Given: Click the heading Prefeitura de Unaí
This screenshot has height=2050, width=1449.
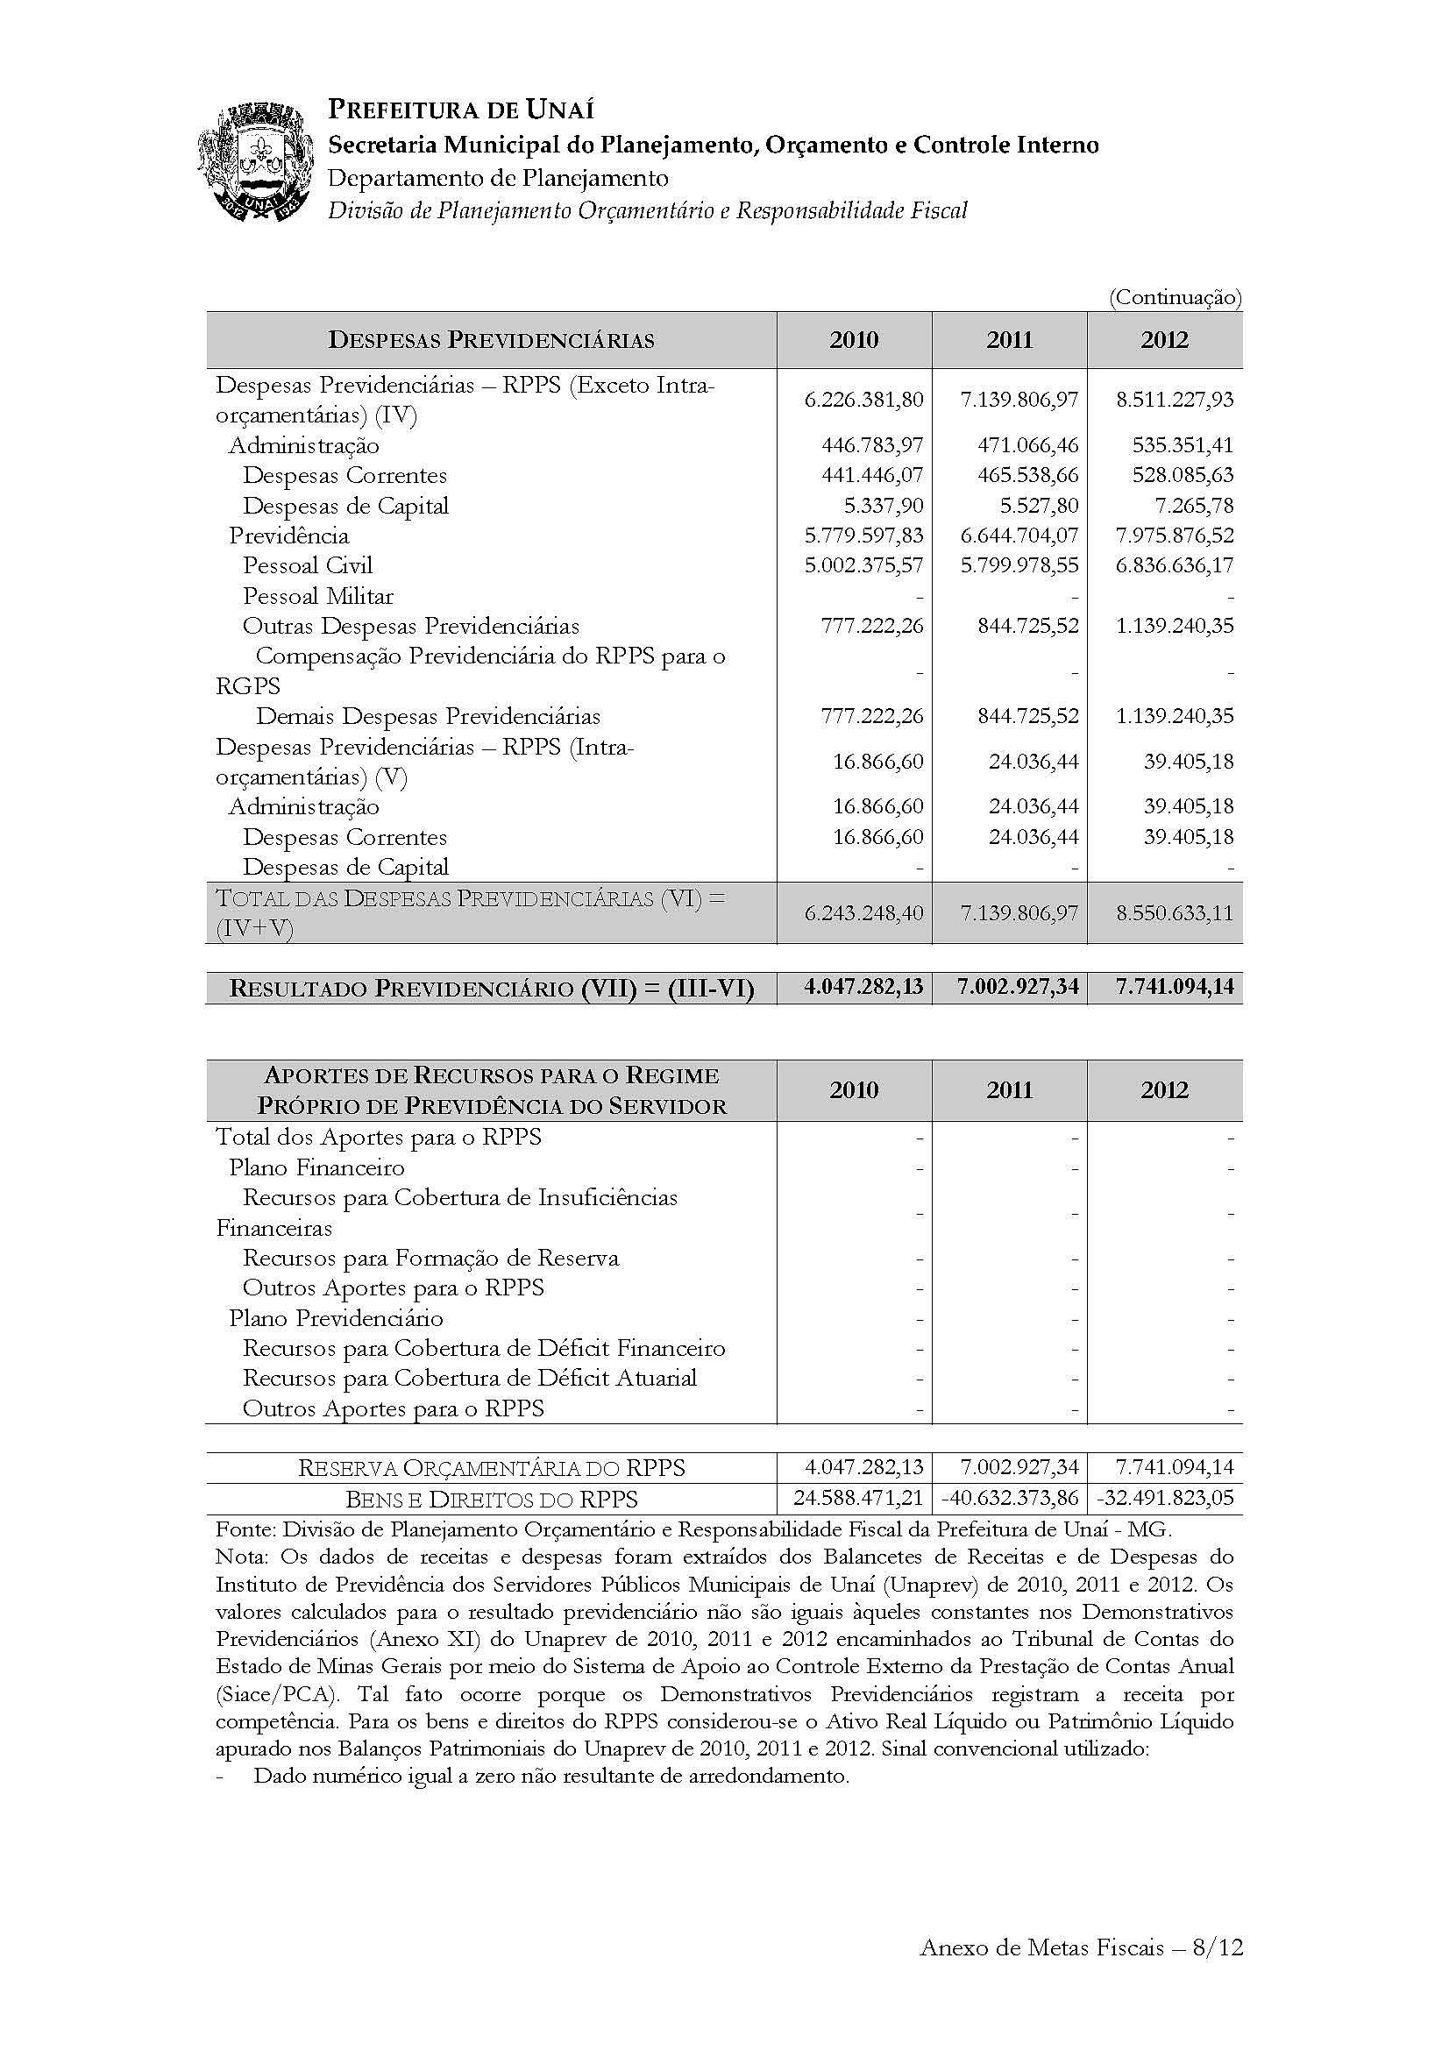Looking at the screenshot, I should pos(461,110).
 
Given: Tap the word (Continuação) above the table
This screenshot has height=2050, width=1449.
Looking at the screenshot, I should pos(1175,298).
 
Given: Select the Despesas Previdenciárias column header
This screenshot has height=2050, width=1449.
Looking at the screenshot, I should pos(491,340).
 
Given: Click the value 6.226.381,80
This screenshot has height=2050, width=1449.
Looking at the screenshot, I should pos(863,399).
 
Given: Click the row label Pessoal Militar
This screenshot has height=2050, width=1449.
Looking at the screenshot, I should pos(318,595).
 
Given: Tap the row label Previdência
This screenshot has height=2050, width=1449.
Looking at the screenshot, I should pos(288,536).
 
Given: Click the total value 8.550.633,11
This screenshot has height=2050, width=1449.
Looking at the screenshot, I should pos(1175,913).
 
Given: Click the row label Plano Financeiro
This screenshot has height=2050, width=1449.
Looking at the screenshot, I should pos(316,1167).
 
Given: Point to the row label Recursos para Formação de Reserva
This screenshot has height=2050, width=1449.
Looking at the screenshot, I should pos(430,1258).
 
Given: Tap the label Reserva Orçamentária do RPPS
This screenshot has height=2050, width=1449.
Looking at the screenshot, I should pos(491,1468).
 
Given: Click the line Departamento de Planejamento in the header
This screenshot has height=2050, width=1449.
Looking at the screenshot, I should pos(498,178).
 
